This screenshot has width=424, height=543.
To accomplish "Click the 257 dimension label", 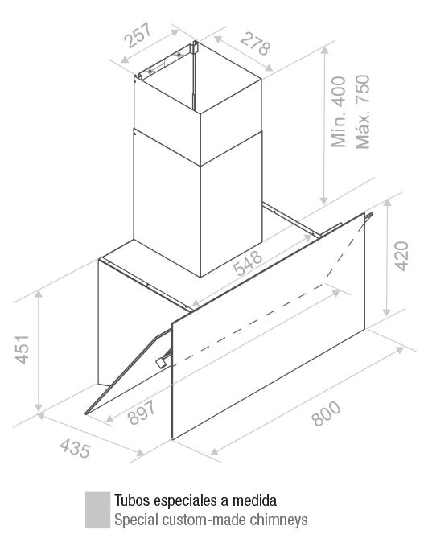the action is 138,35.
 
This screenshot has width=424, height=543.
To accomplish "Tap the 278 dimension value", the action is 255,43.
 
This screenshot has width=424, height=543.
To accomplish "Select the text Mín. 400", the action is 339,112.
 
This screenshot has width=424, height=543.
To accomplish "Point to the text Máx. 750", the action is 362,112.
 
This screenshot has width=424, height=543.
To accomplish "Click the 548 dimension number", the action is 247,263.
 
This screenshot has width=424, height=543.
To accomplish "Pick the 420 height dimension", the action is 401,256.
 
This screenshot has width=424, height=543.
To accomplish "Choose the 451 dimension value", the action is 23,349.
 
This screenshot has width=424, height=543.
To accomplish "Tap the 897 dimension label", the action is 142,412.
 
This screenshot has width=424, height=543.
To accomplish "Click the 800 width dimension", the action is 327,413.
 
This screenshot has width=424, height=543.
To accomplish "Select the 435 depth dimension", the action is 75,448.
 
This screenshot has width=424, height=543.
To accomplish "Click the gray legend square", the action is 97,509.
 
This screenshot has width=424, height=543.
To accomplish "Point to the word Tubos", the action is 132,500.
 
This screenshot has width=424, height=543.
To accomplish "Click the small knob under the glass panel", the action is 160,363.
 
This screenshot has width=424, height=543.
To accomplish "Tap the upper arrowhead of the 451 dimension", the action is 39,294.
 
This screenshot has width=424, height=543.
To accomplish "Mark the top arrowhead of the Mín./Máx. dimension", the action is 324,51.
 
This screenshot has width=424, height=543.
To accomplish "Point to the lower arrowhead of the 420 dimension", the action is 387,311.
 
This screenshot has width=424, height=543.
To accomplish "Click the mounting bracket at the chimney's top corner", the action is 195,47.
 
